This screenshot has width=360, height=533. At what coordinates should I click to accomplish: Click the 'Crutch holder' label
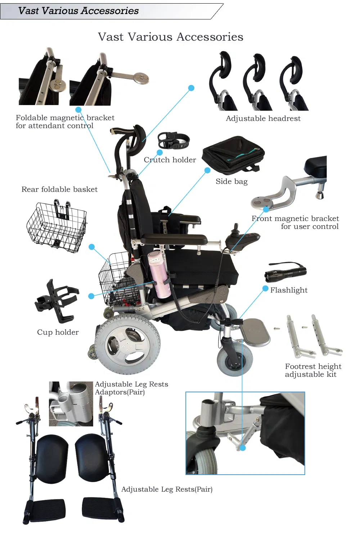click(x=170, y=160)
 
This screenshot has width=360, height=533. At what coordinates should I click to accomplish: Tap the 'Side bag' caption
click(x=231, y=181)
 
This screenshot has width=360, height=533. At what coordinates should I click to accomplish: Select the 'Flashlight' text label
click(x=289, y=290)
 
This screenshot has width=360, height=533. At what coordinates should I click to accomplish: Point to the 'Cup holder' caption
click(x=58, y=332)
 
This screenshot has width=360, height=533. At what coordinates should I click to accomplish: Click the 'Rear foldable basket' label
click(x=59, y=189)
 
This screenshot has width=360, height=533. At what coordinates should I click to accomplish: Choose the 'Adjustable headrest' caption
click(x=263, y=118)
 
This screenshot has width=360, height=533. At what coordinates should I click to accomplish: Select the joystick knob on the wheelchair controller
click(x=236, y=227)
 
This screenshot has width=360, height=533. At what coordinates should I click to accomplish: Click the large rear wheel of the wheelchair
click(x=128, y=344)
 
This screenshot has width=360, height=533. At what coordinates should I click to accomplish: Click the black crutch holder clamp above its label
click(x=174, y=140)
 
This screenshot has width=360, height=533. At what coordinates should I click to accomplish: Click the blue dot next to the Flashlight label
click(x=265, y=289)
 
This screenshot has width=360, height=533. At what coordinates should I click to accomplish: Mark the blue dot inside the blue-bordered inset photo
click(x=242, y=448)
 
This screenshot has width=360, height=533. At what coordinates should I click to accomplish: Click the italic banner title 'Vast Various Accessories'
click(x=78, y=11)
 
